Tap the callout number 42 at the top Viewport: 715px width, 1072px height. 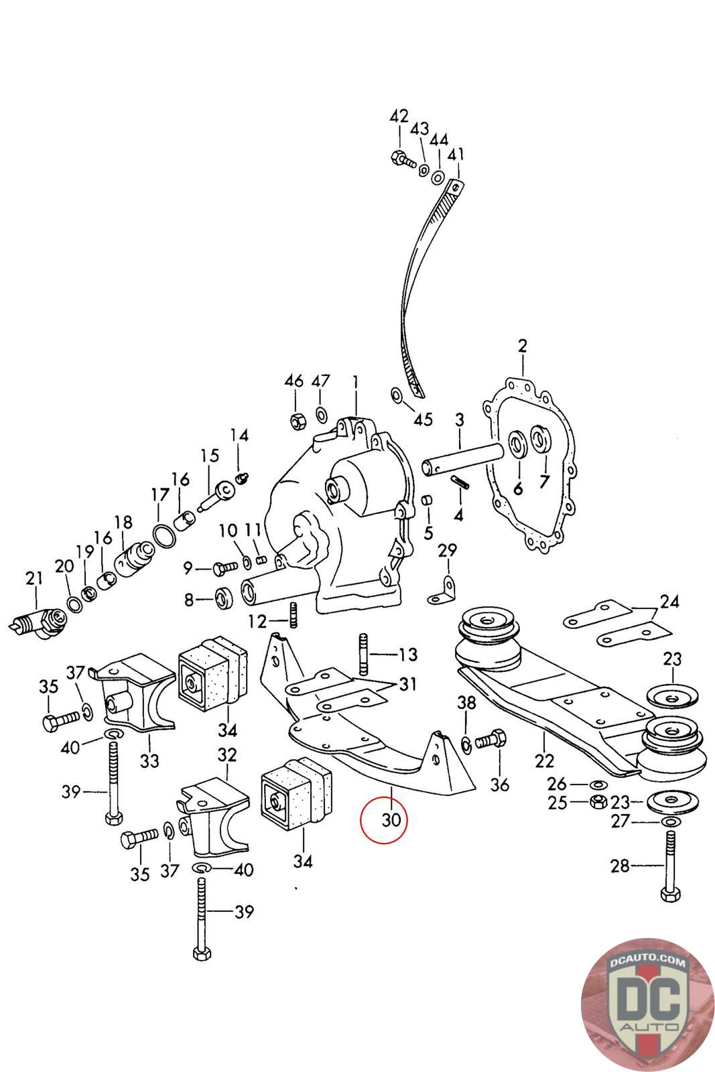point(399,117)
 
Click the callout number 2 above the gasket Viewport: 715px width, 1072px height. point(523,346)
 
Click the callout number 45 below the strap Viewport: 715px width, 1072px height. point(423,420)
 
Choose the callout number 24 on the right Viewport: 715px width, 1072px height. point(669,601)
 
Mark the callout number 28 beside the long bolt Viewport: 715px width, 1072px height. point(620,866)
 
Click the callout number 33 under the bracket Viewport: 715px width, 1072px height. point(149,760)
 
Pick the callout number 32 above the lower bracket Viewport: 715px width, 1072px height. point(227,755)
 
